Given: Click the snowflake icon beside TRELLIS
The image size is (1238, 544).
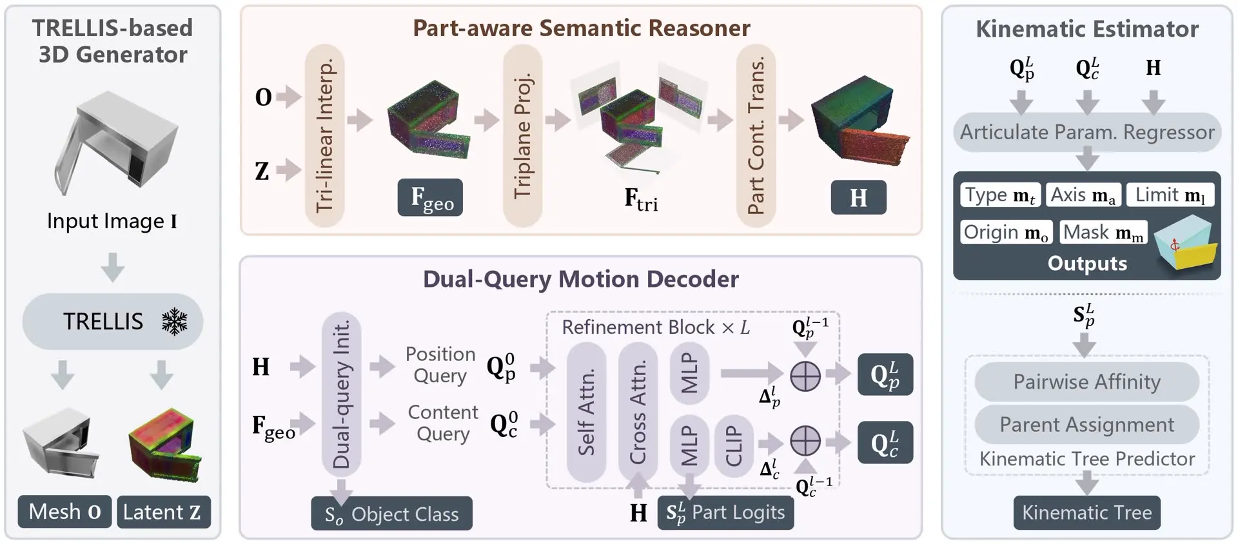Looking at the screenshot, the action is pos(174,321).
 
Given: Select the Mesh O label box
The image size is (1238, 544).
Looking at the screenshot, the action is pos(64,512).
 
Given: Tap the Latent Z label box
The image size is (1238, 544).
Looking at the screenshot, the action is pos(164,512).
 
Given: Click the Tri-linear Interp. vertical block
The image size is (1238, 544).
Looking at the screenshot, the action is pos(324,135).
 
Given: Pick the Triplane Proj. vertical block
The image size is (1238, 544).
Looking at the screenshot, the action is pos(522,135).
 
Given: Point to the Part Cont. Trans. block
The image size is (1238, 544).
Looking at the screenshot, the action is pos(756,135).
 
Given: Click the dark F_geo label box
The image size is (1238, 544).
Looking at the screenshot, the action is pos(430,197).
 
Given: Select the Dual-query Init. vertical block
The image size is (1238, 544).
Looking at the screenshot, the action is pos(341,394).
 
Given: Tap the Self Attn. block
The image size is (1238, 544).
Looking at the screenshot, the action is pos(586,412).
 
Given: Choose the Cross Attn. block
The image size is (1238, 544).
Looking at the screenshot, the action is pos(638,412).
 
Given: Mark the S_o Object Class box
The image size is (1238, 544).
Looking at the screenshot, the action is pos(391,513).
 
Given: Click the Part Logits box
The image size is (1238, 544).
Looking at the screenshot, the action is pos(725,513).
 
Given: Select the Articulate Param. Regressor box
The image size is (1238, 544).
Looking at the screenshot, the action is pos(1087,132).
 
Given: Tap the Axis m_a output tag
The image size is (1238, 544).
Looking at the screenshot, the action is pos(1083,195).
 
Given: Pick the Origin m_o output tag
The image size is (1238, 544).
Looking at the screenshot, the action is pos(1006,232).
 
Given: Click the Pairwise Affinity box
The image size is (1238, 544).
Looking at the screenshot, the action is pos(1087,382).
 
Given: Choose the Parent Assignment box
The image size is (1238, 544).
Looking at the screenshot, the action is pos(1087,425).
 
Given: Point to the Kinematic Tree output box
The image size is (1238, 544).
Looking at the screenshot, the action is pos(1087,512).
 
